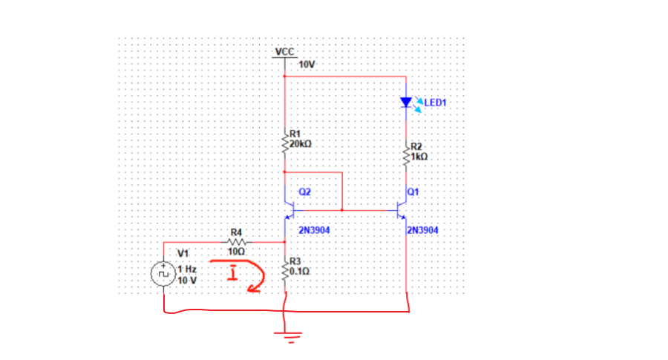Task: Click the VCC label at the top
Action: point(284,52)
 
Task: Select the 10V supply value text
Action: point(307,65)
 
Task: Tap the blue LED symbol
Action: point(407,102)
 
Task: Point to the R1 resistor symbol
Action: point(285,140)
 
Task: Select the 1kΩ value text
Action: point(420,157)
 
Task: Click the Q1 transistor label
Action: point(413,192)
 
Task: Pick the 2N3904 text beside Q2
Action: point(314,230)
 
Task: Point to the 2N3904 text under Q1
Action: point(423,230)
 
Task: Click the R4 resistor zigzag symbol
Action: point(238,241)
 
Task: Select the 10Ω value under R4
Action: point(237,252)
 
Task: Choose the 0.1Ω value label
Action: point(300,271)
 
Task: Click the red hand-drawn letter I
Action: point(232,275)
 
